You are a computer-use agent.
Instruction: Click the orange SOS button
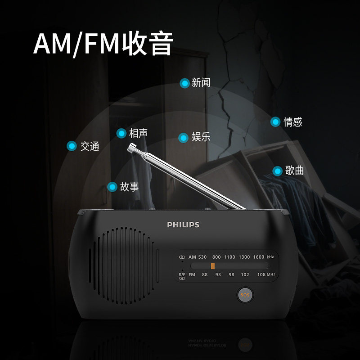(x=245, y=295)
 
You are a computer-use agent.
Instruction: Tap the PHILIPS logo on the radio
(x=183, y=225)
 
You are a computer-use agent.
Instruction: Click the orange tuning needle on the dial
(x=212, y=266)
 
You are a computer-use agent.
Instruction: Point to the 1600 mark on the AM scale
(x=258, y=257)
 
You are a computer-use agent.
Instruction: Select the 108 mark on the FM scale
(x=261, y=274)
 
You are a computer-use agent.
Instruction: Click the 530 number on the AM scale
(x=202, y=257)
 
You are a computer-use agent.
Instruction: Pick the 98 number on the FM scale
(x=231, y=274)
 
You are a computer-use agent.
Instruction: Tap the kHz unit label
(x=270, y=257)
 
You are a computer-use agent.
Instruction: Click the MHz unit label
(x=271, y=274)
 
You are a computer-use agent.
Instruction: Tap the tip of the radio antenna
(x=132, y=147)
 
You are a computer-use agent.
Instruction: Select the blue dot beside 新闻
(x=184, y=83)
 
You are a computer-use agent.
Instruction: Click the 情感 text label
(x=293, y=122)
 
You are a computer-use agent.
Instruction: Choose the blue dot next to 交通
(x=71, y=146)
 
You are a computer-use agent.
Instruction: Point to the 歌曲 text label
(x=295, y=171)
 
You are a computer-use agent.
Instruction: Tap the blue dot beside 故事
(x=112, y=186)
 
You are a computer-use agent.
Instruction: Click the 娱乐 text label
(x=201, y=137)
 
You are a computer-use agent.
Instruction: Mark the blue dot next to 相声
(x=121, y=133)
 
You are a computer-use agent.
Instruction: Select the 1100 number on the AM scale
(x=229, y=257)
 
